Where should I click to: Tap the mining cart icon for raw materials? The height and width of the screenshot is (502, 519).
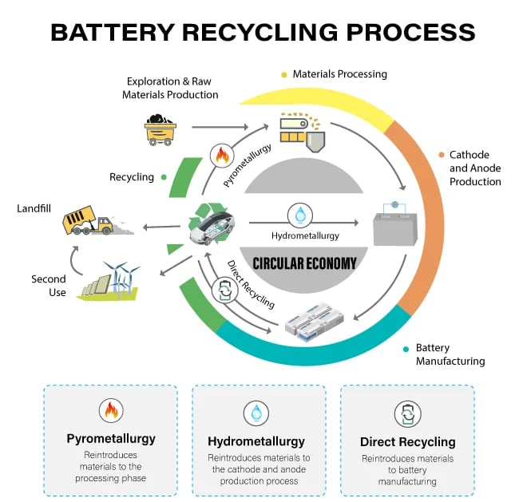[x=162, y=128]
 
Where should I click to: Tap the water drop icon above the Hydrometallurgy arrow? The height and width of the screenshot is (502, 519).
[x=300, y=215]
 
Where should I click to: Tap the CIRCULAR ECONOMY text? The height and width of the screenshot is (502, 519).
[x=303, y=263]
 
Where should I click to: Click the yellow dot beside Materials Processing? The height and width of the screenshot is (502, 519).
[x=283, y=75]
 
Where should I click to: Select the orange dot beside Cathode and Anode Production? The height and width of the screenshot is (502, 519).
[x=441, y=155]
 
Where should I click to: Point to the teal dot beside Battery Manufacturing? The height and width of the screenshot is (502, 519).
[x=407, y=349]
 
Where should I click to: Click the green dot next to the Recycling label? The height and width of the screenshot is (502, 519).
[x=164, y=176]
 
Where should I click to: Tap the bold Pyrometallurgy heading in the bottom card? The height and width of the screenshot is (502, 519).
[x=110, y=439]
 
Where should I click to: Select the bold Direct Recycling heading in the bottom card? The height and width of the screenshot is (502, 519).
[x=407, y=441]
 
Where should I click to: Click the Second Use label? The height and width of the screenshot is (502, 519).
[x=49, y=286]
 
